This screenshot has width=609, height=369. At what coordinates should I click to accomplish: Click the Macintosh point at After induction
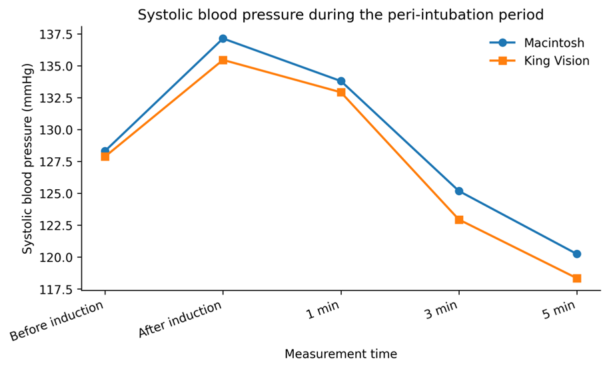pyautogui.click(x=223, y=39)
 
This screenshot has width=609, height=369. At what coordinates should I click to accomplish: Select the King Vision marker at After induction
pyautogui.click(x=223, y=60)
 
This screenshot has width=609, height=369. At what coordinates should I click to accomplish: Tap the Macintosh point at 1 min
pyautogui.click(x=341, y=81)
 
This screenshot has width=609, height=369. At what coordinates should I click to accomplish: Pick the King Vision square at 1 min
pyautogui.click(x=341, y=92)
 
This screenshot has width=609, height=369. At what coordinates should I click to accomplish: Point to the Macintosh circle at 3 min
pyautogui.click(x=459, y=191)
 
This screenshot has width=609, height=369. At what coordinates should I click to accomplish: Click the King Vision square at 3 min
pyautogui.click(x=459, y=220)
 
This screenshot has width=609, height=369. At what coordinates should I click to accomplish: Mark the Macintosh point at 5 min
pyautogui.click(x=577, y=254)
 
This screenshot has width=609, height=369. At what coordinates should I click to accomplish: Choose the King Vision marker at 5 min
pyautogui.click(x=577, y=278)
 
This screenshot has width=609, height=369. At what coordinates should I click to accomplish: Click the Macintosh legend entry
pyautogui.click(x=537, y=43)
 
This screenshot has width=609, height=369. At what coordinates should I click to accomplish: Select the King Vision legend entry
pyautogui.click(x=540, y=61)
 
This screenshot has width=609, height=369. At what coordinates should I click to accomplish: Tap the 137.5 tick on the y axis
pyautogui.click(x=55, y=35)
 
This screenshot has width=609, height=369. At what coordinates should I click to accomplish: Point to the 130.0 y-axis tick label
pyautogui.click(x=55, y=130)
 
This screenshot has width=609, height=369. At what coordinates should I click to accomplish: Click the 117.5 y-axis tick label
pyautogui.click(x=55, y=290)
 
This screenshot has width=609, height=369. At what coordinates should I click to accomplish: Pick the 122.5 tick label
pyautogui.click(x=55, y=226)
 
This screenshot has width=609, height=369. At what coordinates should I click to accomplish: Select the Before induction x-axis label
pyautogui.click(x=57, y=321)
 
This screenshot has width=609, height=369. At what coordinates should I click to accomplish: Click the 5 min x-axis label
pyautogui.click(x=559, y=310)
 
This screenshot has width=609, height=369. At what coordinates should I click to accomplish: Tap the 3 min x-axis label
pyautogui.click(x=441, y=310)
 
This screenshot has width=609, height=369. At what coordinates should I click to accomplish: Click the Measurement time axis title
pyautogui.click(x=341, y=354)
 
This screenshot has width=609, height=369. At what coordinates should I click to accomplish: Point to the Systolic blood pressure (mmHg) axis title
pyautogui.click(x=27, y=159)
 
